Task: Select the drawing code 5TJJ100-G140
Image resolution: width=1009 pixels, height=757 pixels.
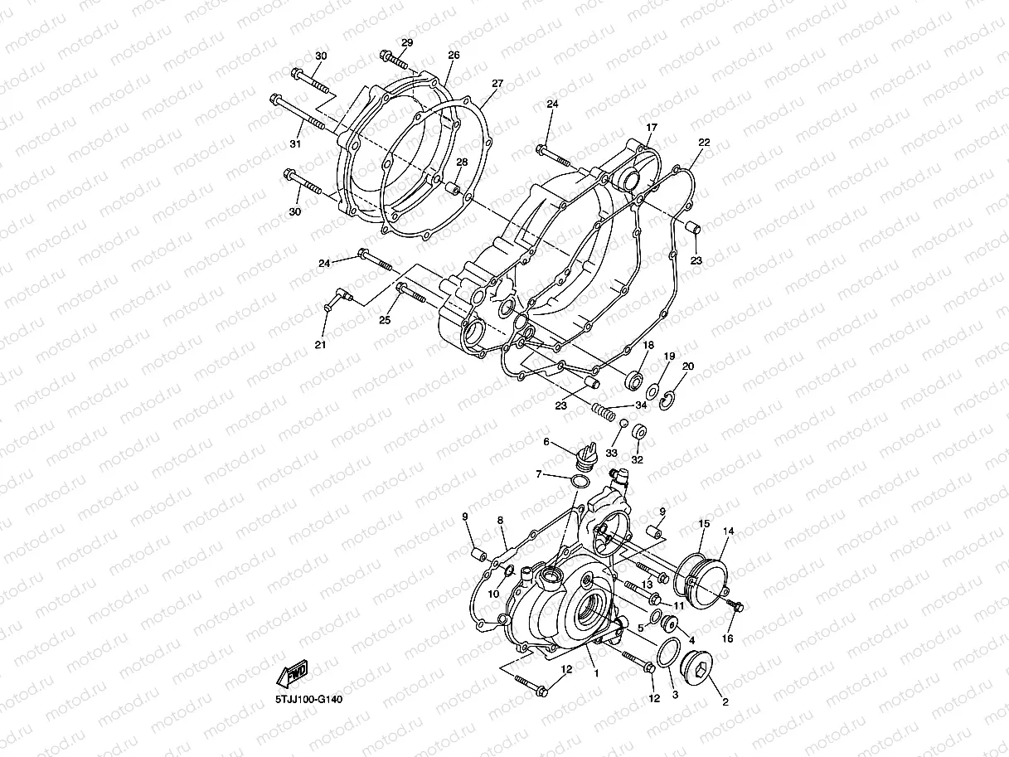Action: [x=309, y=699]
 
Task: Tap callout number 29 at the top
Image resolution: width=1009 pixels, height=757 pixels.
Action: [x=407, y=42]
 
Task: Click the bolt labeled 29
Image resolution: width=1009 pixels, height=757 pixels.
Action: [x=393, y=59]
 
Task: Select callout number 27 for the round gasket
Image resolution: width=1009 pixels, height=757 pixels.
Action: [x=497, y=83]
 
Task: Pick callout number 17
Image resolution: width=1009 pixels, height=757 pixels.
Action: [x=652, y=127]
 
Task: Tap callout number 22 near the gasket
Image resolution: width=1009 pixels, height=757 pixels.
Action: [x=704, y=143]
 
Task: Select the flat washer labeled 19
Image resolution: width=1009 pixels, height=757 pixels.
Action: [x=653, y=390]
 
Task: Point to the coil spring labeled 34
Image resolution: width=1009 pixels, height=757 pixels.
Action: [x=605, y=409]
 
